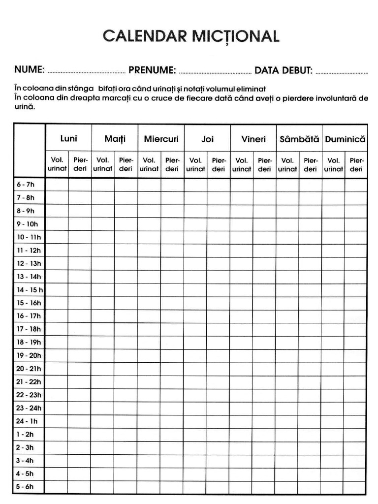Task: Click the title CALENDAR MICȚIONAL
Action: [x=191, y=36]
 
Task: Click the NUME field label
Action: [x=30, y=70]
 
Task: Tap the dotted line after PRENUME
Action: [x=215, y=72]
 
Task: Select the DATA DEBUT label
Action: [x=283, y=70]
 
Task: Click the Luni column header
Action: [x=68, y=139]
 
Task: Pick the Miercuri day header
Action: [x=161, y=139]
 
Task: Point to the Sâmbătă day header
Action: [x=299, y=139]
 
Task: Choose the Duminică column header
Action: [x=345, y=139]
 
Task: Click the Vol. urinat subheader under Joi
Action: [x=195, y=164]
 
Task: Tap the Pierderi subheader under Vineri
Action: [x=265, y=164]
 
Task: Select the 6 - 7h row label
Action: [x=25, y=185]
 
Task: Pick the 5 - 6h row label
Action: [x=25, y=487]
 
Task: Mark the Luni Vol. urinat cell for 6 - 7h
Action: [x=57, y=185]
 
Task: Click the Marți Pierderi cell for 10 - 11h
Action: [x=126, y=237]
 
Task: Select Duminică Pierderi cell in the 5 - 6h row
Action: [x=356, y=487]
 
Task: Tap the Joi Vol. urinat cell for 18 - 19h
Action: [x=195, y=342]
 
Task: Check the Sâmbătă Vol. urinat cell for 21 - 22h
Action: [x=287, y=381]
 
